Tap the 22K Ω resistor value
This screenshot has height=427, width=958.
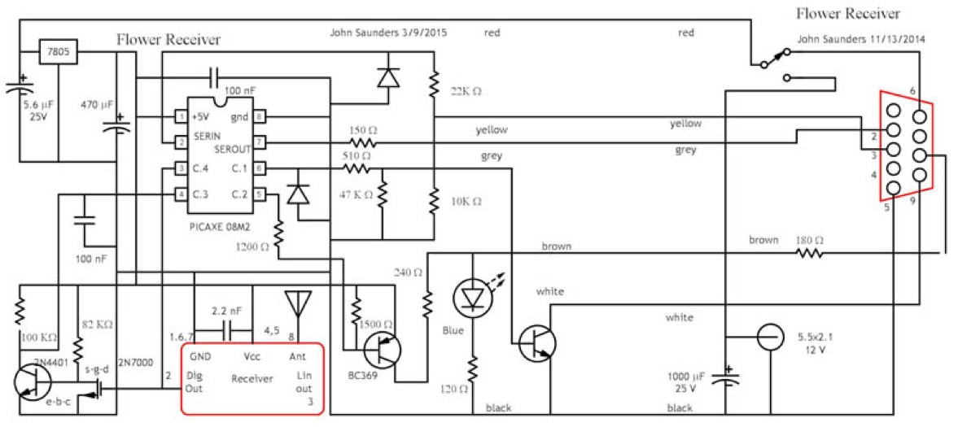[465, 91]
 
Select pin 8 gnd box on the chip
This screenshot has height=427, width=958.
[258, 117]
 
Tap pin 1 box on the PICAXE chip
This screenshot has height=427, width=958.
[180, 117]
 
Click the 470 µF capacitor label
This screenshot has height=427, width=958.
[100, 104]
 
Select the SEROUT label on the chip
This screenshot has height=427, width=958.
[231, 150]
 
